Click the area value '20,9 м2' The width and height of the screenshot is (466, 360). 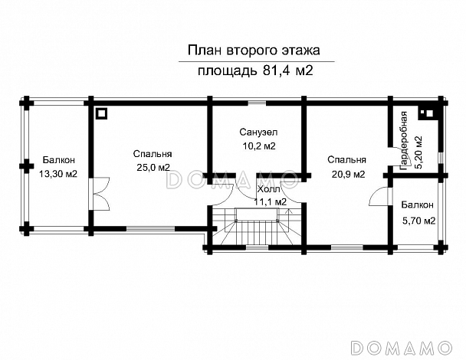(346, 174)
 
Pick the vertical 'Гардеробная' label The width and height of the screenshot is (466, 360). (403, 137)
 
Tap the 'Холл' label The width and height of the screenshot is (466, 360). (269, 188)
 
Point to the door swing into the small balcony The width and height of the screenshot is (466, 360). (376, 197)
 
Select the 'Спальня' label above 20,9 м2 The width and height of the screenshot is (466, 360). (346, 160)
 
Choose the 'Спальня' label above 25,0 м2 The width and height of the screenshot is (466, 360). (151, 153)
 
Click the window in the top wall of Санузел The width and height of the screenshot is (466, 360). (257, 101)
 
